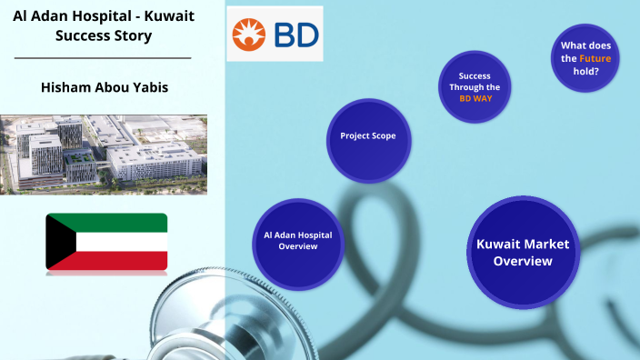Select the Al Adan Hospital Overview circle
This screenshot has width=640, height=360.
pyautogui.click(x=297, y=240)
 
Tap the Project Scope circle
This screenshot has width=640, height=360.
pyautogui.click(x=367, y=136)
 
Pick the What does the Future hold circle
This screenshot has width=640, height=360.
pyautogui.click(x=585, y=58)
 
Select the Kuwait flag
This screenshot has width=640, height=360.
pyautogui.click(x=106, y=242)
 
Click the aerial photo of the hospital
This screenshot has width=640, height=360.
pyautogui.click(x=103, y=155)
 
